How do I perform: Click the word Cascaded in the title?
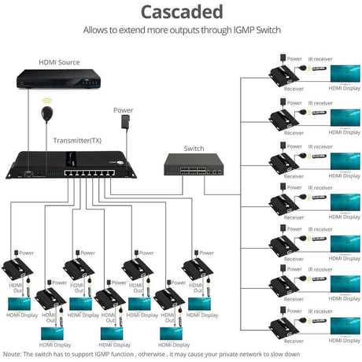(181, 12)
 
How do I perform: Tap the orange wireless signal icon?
(46, 102)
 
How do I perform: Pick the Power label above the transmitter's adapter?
(123, 110)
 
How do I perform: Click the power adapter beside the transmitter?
(124, 123)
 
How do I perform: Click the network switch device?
(193, 164)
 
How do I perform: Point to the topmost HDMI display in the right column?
(344, 72)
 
